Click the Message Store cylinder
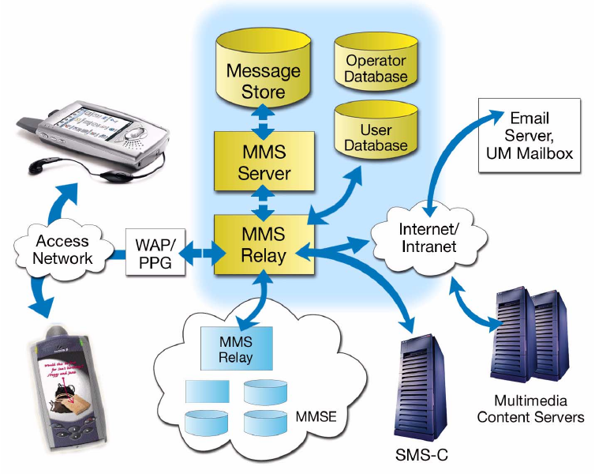tap(264, 79)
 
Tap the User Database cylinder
tap(376, 136)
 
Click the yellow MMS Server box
tap(265, 162)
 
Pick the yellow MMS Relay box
tap(265, 244)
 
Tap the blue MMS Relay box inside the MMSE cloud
tap(237, 348)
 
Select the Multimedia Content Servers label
tap(531, 409)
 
